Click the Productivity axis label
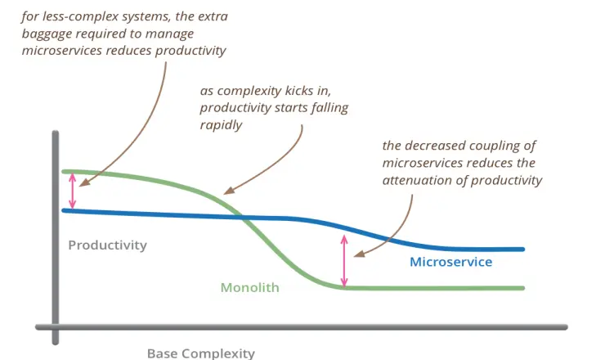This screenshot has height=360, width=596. point(108,245)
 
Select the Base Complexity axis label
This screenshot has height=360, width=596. point(200,353)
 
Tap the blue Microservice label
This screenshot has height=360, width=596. point(450,262)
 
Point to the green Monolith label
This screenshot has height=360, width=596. point(249,287)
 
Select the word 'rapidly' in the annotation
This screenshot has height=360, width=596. point(221,125)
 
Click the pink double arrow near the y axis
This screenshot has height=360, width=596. point(72,191)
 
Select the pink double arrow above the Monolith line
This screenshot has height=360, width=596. point(344,261)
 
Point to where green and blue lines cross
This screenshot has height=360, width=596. point(241,218)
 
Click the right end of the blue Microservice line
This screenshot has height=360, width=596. point(523,250)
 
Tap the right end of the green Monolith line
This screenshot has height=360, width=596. point(523,288)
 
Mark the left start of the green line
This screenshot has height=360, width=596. point(64,172)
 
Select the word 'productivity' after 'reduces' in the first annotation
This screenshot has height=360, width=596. point(191,51)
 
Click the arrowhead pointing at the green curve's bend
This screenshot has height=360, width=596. point(229,191)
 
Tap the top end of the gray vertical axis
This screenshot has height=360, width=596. point(56,133)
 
